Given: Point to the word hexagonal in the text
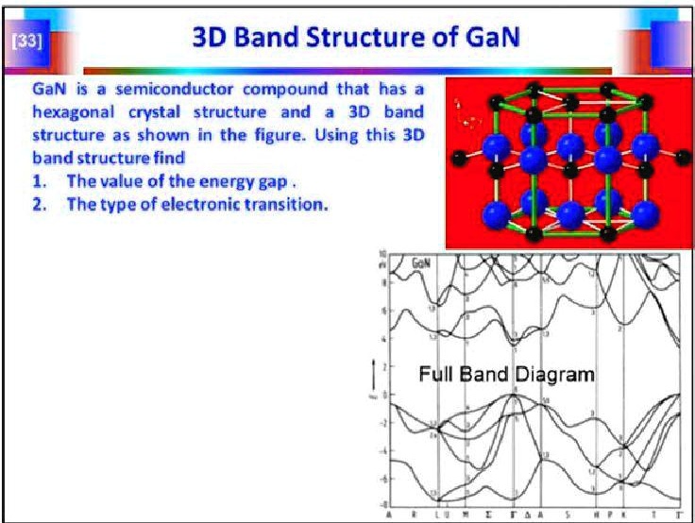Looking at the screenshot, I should pyautogui.click(x=73, y=111).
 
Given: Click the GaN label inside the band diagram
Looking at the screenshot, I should pyautogui.click(x=422, y=266).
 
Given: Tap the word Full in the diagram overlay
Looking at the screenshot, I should pyautogui.click(x=435, y=374).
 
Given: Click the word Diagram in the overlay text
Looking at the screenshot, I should pyautogui.click(x=554, y=374).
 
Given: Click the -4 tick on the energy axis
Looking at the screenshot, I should pyautogui.click(x=384, y=451).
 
